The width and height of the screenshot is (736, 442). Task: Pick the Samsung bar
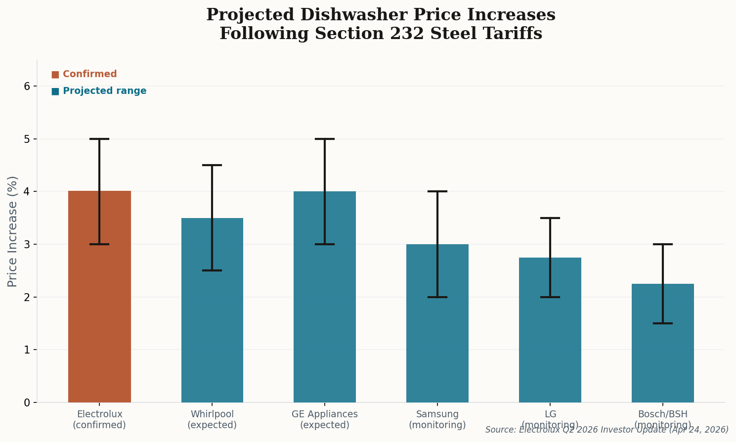point(437,326)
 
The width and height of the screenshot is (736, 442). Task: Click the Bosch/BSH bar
point(663,346)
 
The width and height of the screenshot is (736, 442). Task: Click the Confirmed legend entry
point(84,74)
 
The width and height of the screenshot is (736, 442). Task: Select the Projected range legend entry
point(99,91)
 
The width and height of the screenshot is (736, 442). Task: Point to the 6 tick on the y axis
point(27,86)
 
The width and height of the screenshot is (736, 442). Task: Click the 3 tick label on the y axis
point(27,244)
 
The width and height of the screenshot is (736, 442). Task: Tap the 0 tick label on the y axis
point(27,402)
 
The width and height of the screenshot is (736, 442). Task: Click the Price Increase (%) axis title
point(13,231)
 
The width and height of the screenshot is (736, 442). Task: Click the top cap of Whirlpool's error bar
point(212,165)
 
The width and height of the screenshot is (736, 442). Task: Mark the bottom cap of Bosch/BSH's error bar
point(663,323)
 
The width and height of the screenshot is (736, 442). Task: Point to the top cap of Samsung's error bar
point(437,191)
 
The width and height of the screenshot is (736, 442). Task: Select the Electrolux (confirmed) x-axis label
point(99,419)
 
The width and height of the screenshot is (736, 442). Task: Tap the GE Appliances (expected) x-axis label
point(325,419)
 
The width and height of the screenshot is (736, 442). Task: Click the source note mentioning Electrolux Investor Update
point(606,430)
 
